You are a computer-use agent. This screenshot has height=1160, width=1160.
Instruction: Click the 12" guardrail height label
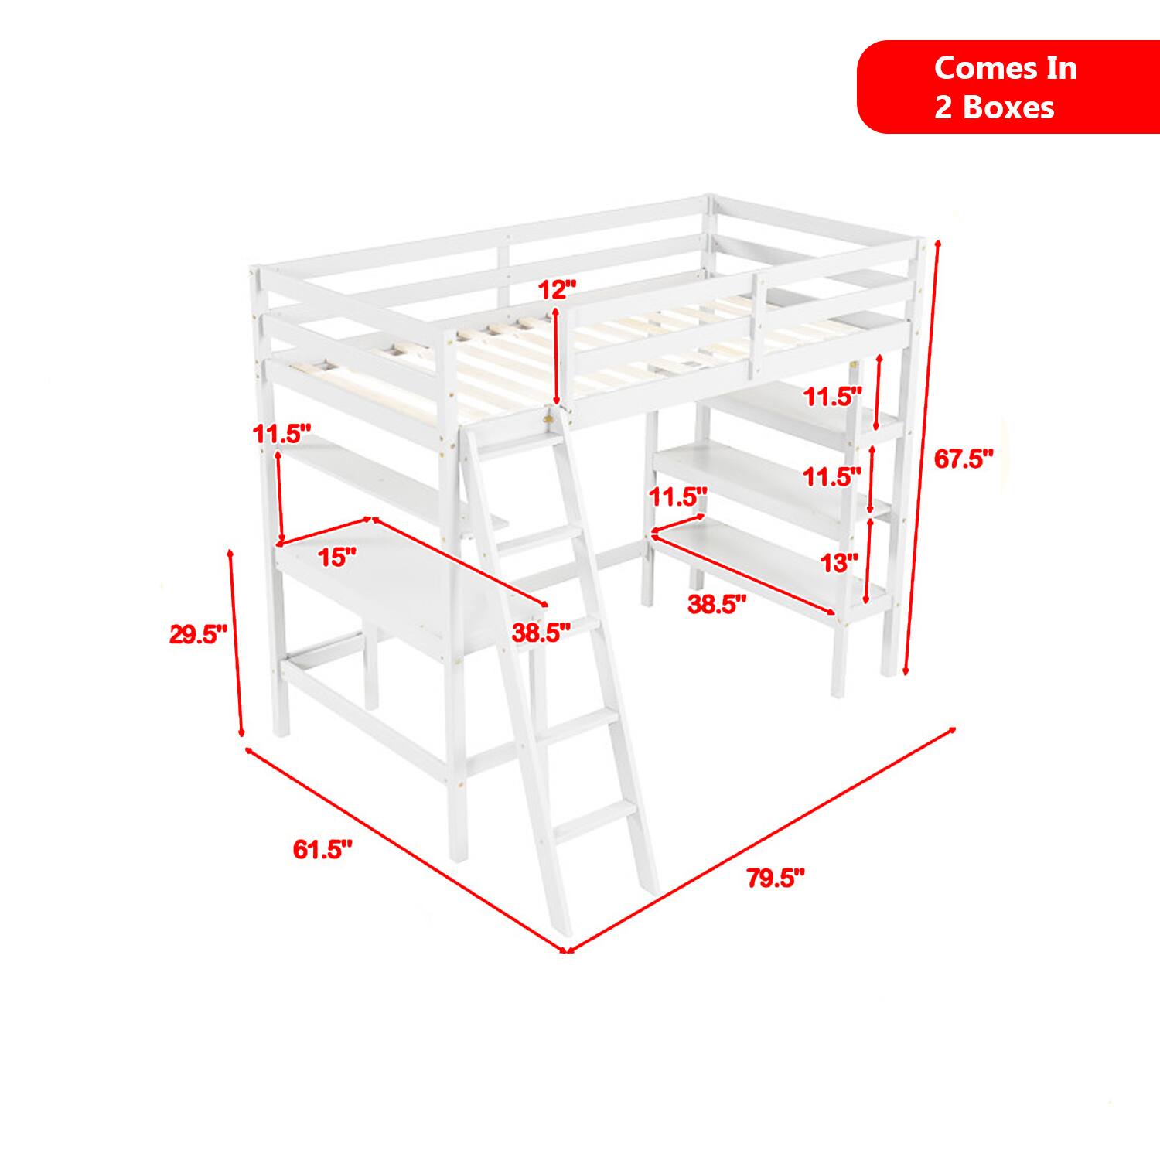pyautogui.click(x=558, y=290)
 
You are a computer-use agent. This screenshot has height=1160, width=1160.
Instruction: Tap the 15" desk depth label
pyautogui.click(x=337, y=556)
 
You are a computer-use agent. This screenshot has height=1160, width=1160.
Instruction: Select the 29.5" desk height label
pyautogui.click(x=199, y=635)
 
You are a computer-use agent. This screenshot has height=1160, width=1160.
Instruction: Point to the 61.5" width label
pyautogui.click(x=322, y=850)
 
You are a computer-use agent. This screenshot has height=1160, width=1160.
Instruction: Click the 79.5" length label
pyautogui.click(x=776, y=879)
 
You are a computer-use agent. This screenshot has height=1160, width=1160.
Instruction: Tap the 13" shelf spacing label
pyautogui.click(x=840, y=563)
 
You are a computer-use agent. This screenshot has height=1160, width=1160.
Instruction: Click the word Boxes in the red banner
pyautogui.click(x=1008, y=107)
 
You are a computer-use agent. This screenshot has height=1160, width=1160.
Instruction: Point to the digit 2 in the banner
pyautogui.click(x=943, y=107)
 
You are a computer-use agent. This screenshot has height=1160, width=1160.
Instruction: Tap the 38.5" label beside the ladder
pyautogui.click(x=541, y=633)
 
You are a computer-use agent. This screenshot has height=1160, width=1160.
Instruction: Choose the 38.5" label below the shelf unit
pyautogui.click(x=718, y=604)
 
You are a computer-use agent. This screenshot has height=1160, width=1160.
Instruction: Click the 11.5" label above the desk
pyautogui.click(x=283, y=434)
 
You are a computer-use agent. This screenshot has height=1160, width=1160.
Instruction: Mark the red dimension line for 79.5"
pyautogui.click(x=761, y=839)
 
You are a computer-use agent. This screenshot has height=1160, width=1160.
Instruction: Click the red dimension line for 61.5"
pyautogui.click(x=408, y=850)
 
